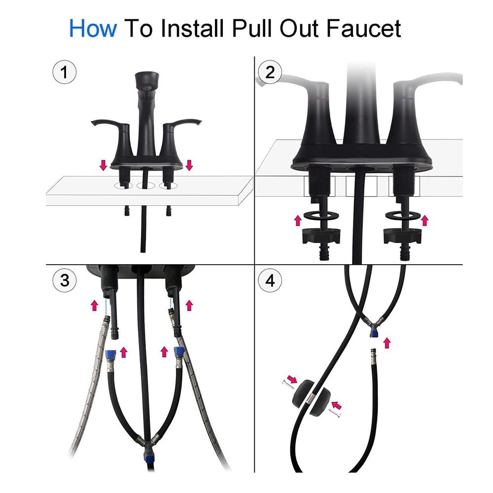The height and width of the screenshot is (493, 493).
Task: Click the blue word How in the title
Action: [93, 29]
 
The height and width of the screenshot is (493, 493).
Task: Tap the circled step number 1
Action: [64, 72]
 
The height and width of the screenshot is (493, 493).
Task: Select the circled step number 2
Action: [270, 72]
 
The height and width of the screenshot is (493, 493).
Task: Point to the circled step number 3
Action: [65, 280]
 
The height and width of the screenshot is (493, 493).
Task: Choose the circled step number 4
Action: [270, 280]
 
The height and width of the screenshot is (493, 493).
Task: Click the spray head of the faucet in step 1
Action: [146, 81]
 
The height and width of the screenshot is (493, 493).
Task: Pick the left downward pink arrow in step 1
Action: [103, 165]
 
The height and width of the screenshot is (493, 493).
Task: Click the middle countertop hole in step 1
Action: [145, 185]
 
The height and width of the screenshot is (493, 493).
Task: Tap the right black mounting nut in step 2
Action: [402, 237]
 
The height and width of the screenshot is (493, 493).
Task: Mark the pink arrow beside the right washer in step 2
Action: [425, 220]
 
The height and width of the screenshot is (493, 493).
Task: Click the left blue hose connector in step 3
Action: [110, 354]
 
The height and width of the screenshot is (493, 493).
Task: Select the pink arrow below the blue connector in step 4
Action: [387, 343]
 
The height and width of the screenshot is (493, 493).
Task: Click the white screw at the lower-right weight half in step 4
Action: [335, 412]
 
